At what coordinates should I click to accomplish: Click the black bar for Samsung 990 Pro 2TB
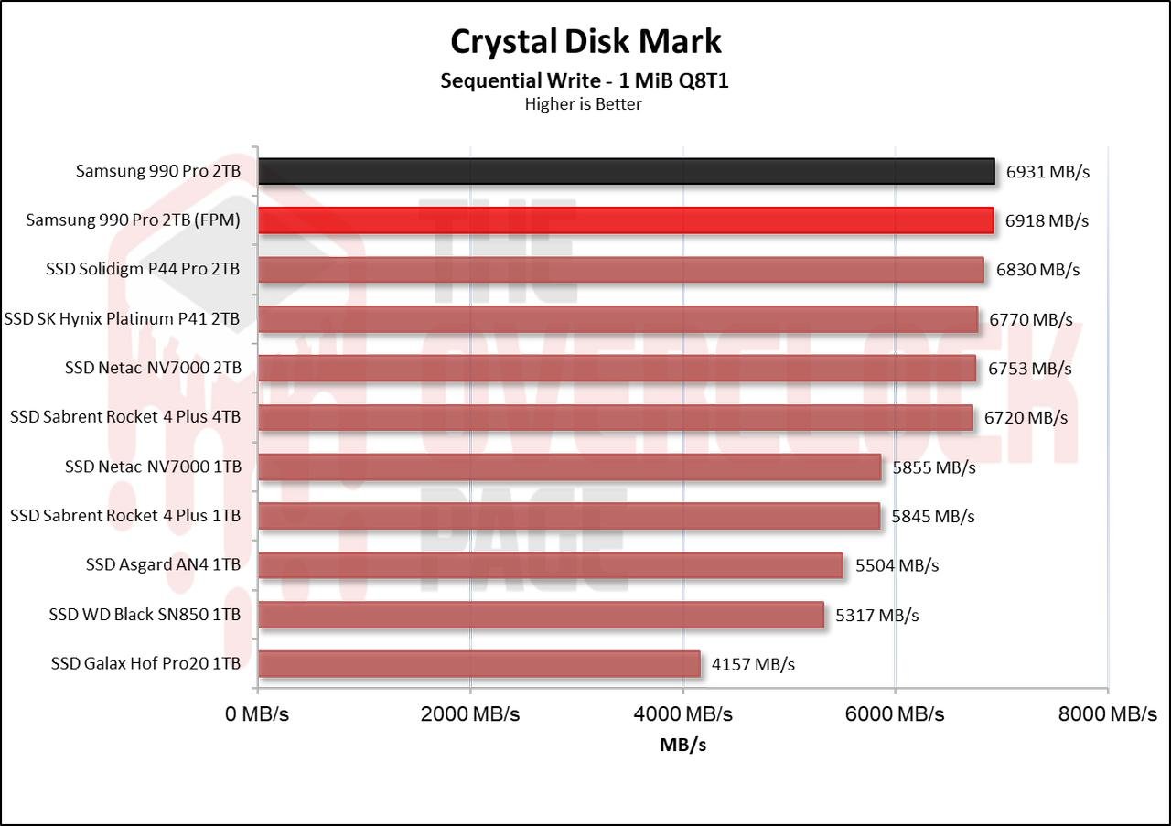[626, 171]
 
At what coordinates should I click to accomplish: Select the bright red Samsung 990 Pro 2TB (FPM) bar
[626, 220]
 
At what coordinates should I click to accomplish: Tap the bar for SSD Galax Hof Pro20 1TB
[478, 664]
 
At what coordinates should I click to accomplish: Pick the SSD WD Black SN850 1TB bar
[541, 615]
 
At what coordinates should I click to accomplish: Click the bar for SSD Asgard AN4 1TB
[550, 565]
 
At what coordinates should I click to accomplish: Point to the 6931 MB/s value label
[1047, 171]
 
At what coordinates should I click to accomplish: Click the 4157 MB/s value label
[753, 664]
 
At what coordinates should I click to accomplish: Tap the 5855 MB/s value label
[934, 467]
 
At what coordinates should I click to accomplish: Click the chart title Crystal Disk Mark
[585, 41]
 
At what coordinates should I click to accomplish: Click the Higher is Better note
[583, 103]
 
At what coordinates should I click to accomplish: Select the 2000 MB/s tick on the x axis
[469, 714]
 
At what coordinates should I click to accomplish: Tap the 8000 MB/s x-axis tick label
[1107, 714]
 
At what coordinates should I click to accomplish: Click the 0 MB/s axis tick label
[257, 714]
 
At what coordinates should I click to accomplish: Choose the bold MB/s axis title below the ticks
[682, 745]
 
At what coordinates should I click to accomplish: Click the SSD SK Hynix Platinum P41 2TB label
[123, 319]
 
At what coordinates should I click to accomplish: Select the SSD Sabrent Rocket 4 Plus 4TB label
[125, 417]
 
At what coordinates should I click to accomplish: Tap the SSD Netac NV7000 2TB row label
[153, 369]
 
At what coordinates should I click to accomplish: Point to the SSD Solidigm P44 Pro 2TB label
[143, 270]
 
